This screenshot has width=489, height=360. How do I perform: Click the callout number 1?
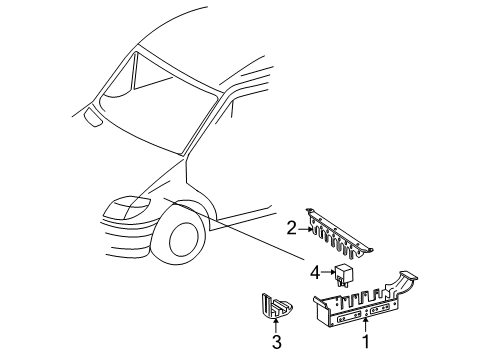[x=367, y=342]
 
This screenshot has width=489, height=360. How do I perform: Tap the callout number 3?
[x=275, y=342]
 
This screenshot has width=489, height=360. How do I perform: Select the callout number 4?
[x=314, y=270]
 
